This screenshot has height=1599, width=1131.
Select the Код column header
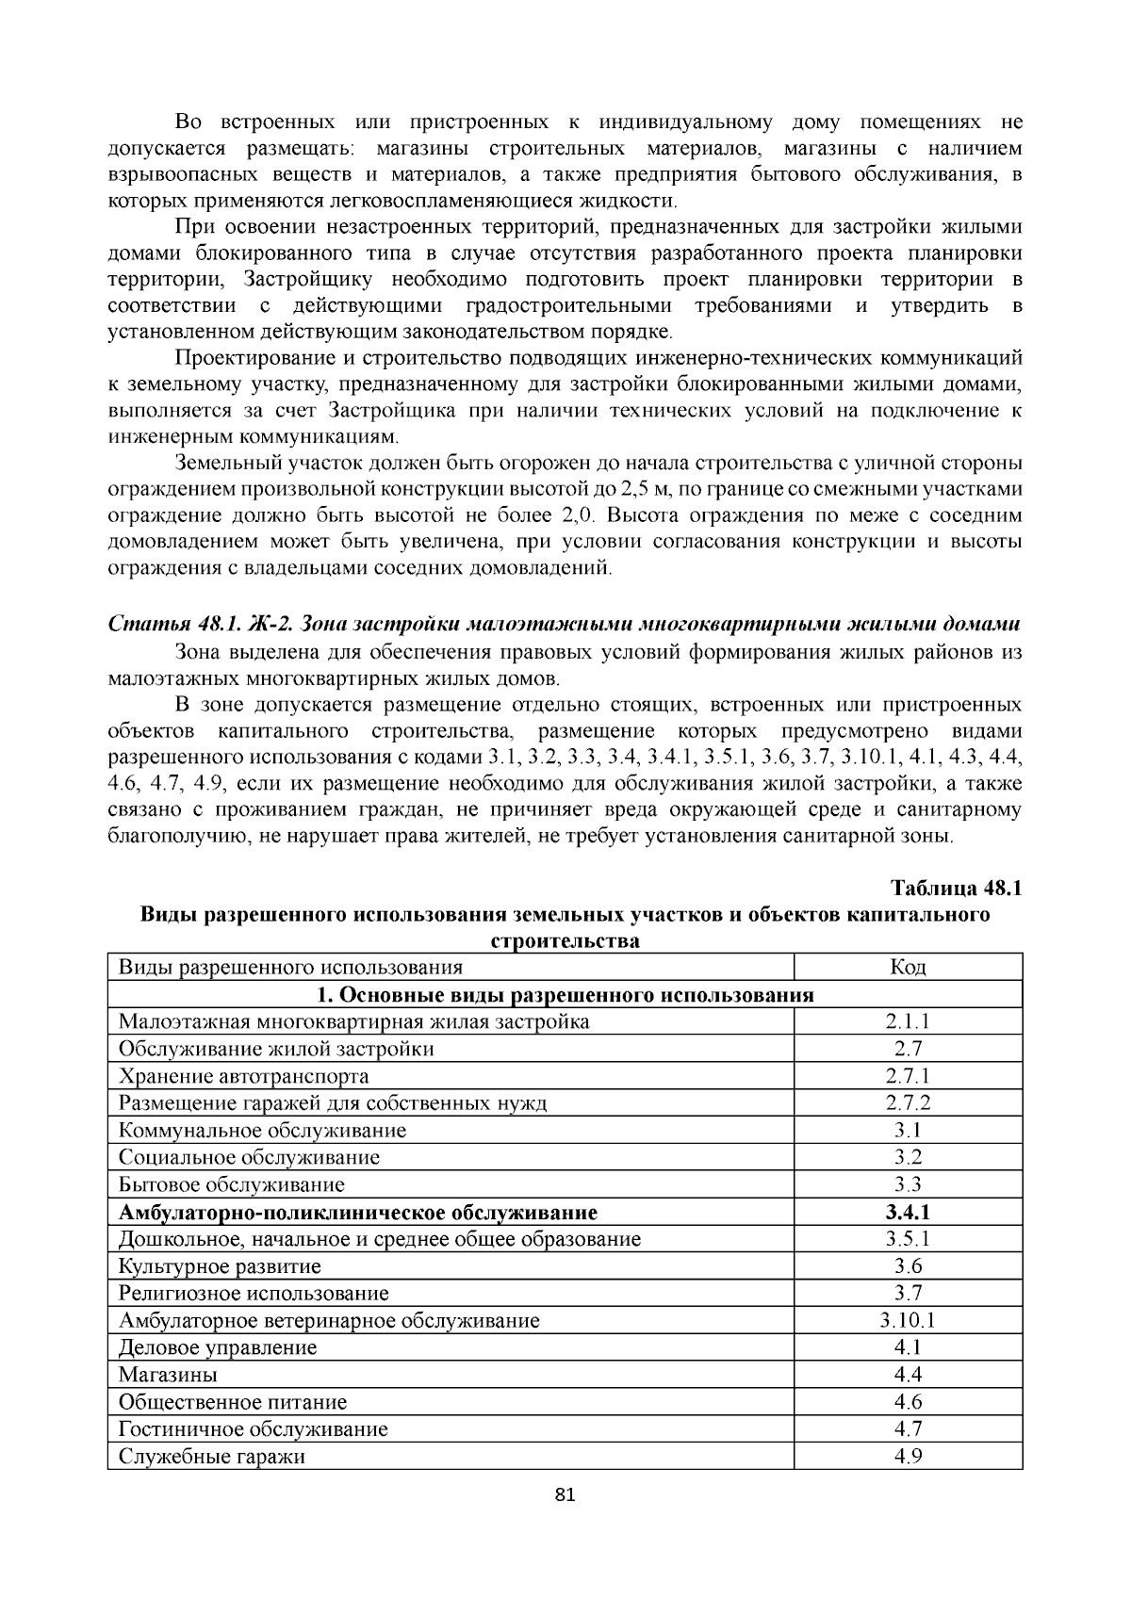[908, 968]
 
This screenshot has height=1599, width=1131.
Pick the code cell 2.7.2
[908, 1103]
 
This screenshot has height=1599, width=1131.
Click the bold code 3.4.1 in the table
[908, 1213]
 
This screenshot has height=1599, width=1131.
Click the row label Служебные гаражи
[212, 1457]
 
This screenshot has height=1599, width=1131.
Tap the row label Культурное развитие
[220, 1266]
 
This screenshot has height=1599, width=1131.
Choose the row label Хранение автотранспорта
[243, 1076]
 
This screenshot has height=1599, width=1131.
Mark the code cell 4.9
[908, 1457]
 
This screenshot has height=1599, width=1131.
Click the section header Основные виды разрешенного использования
[565, 995]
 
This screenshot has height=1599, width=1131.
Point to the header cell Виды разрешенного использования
[290, 968]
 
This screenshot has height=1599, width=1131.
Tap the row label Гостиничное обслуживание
[254, 1429]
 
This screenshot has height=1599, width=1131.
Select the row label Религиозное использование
[254, 1294]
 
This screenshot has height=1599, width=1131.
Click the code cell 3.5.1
[908, 1239]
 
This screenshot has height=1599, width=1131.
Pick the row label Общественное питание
[233, 1402]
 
